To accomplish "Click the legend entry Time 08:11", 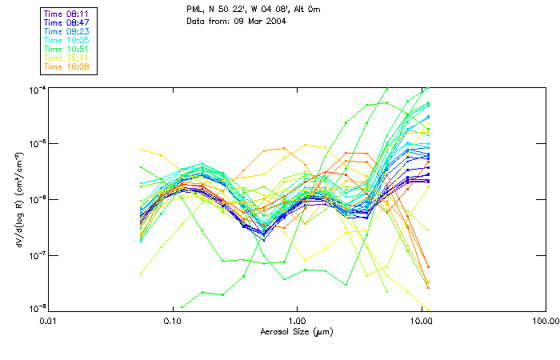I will point(67,14).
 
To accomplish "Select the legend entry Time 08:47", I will point(67,23).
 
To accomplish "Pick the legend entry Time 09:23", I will point(67,31).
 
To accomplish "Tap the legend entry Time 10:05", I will point(67,40).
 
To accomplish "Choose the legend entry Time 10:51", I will point(67,49).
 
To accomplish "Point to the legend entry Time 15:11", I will point(67,58).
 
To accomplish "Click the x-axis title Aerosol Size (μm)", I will point(297,331).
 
